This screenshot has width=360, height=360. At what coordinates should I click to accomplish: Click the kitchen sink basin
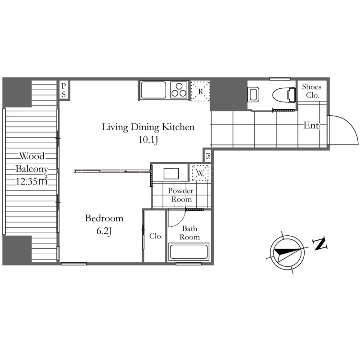153,90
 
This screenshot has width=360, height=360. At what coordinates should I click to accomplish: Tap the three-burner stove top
179,90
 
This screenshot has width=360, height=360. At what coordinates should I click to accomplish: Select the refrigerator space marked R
200,91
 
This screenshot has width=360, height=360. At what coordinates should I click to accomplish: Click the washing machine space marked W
200,173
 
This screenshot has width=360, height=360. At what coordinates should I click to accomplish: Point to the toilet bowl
284,94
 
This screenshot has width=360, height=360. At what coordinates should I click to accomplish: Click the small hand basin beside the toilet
253,94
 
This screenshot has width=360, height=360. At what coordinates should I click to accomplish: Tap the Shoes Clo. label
311,91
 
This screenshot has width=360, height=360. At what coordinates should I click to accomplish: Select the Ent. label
312,126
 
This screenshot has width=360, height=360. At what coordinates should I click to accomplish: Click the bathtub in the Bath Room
189,252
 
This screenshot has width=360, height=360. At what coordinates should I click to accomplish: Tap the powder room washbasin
171,174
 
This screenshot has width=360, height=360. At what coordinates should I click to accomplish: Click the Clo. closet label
156,236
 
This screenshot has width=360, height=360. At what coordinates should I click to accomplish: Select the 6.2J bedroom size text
104,231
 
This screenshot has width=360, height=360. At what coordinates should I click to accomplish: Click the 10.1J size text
148,139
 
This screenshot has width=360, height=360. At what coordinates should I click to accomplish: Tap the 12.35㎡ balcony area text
31,181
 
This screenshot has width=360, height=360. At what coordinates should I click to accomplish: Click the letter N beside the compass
319,244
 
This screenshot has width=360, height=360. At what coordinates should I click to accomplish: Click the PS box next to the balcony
63,90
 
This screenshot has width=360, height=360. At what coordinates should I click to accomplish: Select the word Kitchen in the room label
178,127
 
